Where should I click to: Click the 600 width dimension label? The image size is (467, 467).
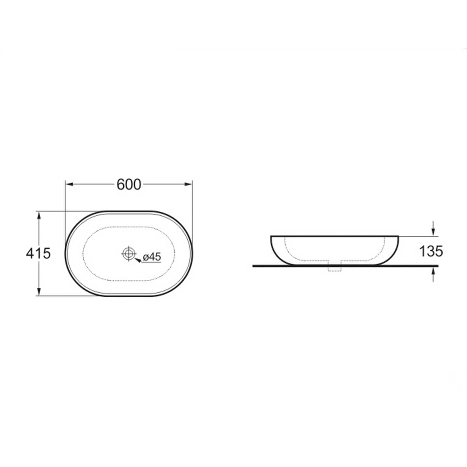129,185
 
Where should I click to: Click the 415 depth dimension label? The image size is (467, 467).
38,253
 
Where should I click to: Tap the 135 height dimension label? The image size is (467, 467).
431,251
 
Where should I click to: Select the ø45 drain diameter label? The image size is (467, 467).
152,257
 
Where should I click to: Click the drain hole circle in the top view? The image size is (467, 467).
128,253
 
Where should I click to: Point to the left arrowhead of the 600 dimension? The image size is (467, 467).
70,184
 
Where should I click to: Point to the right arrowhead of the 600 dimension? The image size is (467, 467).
188,184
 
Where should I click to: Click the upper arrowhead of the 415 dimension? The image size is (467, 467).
39,215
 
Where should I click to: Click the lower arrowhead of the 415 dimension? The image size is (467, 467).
39,292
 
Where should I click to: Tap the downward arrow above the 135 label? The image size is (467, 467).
433,228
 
